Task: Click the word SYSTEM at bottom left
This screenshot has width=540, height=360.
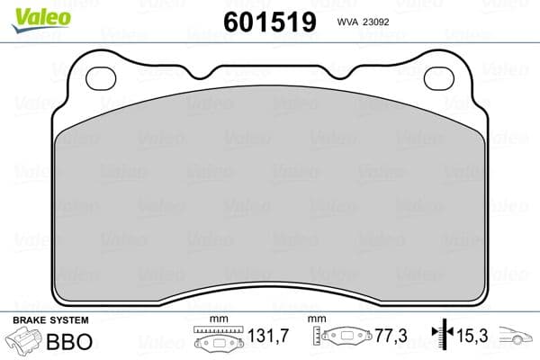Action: pyautogui.click(x=69, y=320)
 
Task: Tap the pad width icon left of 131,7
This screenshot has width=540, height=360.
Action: pyautogui.click(x=218, y=339)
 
